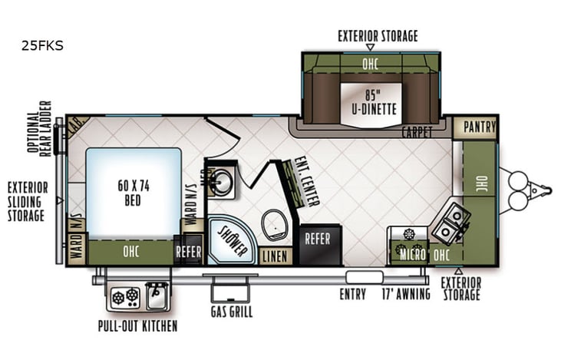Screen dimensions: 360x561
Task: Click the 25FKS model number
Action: point(43,45)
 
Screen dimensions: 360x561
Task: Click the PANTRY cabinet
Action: point(476,127)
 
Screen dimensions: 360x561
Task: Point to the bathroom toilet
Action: point(275,223)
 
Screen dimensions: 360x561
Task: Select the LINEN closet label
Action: point(275,256)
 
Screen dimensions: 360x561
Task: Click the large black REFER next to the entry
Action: point(318,239)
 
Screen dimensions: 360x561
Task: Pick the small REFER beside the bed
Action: point(188,252)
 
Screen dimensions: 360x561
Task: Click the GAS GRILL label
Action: point(231,312)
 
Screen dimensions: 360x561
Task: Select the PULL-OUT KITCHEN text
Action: point(138,326)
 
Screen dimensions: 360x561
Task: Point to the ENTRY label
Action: point(354,294)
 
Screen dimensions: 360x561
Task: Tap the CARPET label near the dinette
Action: point(417,132)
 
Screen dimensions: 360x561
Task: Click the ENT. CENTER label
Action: point(306,182)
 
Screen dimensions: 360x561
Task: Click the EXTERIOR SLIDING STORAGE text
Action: point(28,201)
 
